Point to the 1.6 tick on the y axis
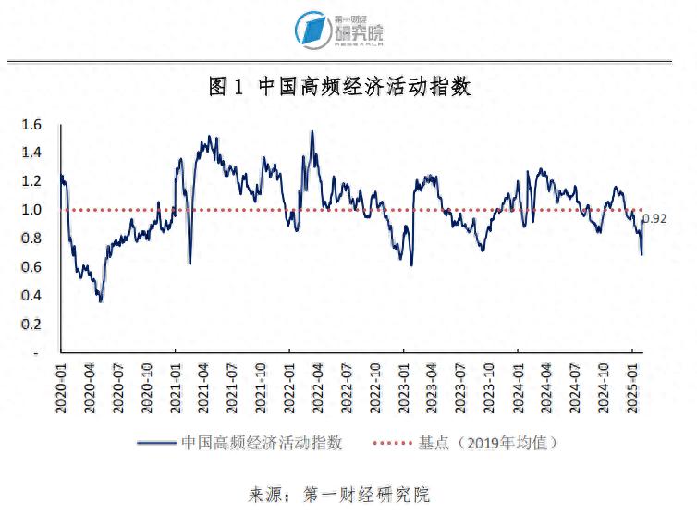(x=32, y=124)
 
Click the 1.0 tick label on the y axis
(x=32, y=210)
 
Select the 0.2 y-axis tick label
(x=32, y=325)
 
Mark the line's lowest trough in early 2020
(x=100, y=300)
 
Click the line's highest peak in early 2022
(x=312, y=131)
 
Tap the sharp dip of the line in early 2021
(x=190, y=264)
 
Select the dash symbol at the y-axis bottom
(x=35, y=353)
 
